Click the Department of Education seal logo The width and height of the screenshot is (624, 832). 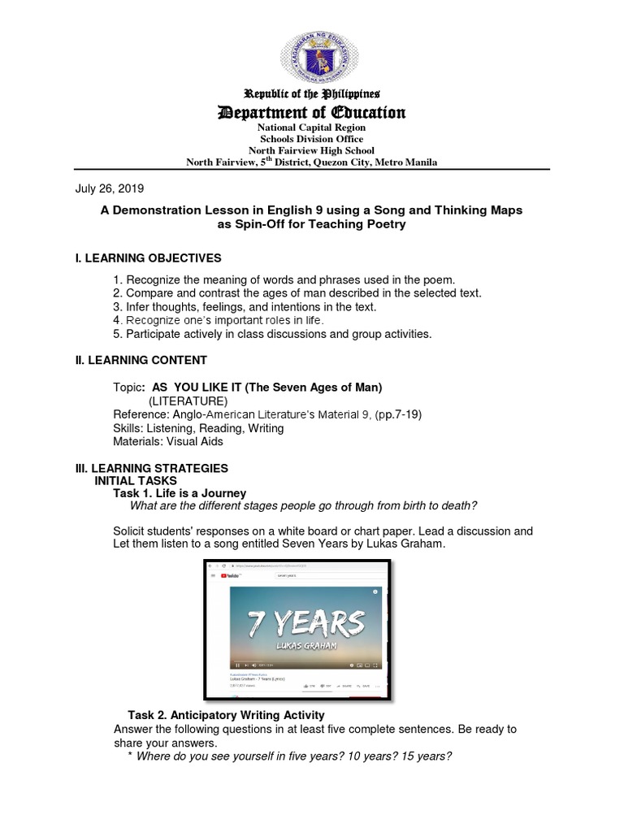click(x=312, y=48)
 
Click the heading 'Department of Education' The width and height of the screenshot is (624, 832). click(x=312, y=111)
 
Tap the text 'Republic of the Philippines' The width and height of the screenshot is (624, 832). click(x=312, y=94)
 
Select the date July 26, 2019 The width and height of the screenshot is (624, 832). click(x=110, y=188)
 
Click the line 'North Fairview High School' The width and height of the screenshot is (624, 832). click(x=312, y=150)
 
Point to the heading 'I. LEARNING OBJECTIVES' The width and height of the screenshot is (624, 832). click(x=149, y=258)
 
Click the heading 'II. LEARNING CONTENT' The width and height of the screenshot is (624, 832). click(x=141, y=360)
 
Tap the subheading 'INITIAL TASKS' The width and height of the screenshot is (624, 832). click(x=134, y=480)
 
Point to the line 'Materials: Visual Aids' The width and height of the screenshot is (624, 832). click(x=168, y=441)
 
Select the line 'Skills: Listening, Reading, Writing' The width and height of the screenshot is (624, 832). click(x=198, y=428)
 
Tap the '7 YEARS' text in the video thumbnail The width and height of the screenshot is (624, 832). click(x=301, y=625)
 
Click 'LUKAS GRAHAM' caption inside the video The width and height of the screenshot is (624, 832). click(x=301, y=649)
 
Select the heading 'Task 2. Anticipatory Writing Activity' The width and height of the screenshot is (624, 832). click(x=226, y=715)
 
